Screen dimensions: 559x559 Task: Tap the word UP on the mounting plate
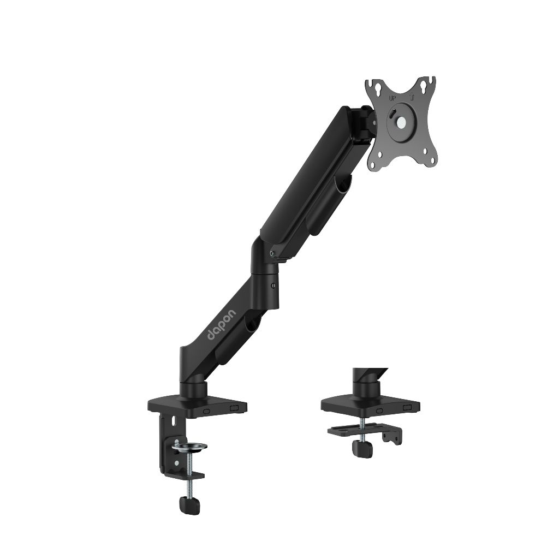point(392,98)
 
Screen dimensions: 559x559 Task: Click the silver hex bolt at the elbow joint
point(272,253)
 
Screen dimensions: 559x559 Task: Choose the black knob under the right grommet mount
point(362,449)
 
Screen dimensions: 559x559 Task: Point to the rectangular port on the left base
point(235,407)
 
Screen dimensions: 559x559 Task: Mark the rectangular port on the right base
point(407,407)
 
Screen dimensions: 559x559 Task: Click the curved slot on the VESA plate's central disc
point(393,115)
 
